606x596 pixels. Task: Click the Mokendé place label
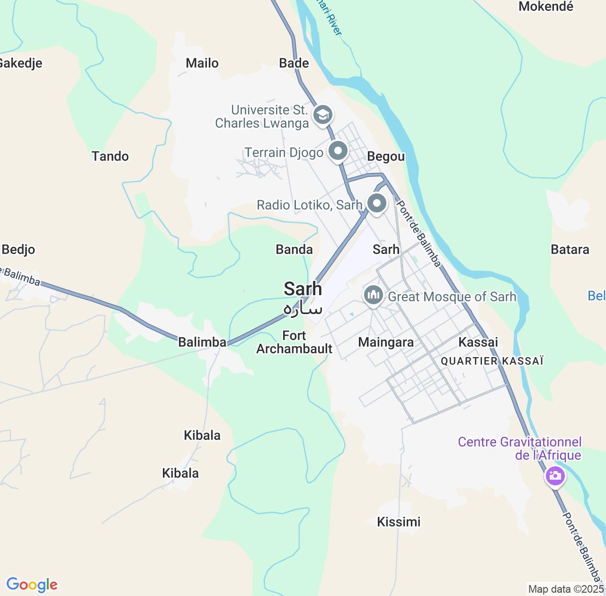click(x=545, y=7)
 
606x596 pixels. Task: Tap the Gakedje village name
click(x=20, y=63)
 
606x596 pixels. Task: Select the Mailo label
click(x=202, y=63)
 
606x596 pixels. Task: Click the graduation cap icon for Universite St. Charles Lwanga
click(x=323, y=114)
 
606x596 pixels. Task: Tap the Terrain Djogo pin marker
click(x=338, y=151)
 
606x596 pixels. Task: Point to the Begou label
click(x=386, y=157)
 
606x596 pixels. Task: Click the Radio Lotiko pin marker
click(x=377, y=204)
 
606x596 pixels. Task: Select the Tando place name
click(x=110, y=157)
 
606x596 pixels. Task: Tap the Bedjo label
click(x=18, y=250)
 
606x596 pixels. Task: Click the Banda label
click(x=294, y=250)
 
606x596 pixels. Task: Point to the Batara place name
click(x=570, y=250)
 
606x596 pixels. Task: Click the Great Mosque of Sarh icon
click(x=374, y=296)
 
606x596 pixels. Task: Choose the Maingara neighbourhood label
click(x=386, y=342)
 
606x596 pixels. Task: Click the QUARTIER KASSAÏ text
click(x=492, y=361)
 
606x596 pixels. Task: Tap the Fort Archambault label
click(x=294, y=342)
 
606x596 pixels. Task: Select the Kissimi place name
click(x=399, y=522)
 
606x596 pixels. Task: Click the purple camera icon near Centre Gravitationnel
click(x=555, y=475)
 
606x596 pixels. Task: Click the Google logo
click(x=32, y=585)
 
